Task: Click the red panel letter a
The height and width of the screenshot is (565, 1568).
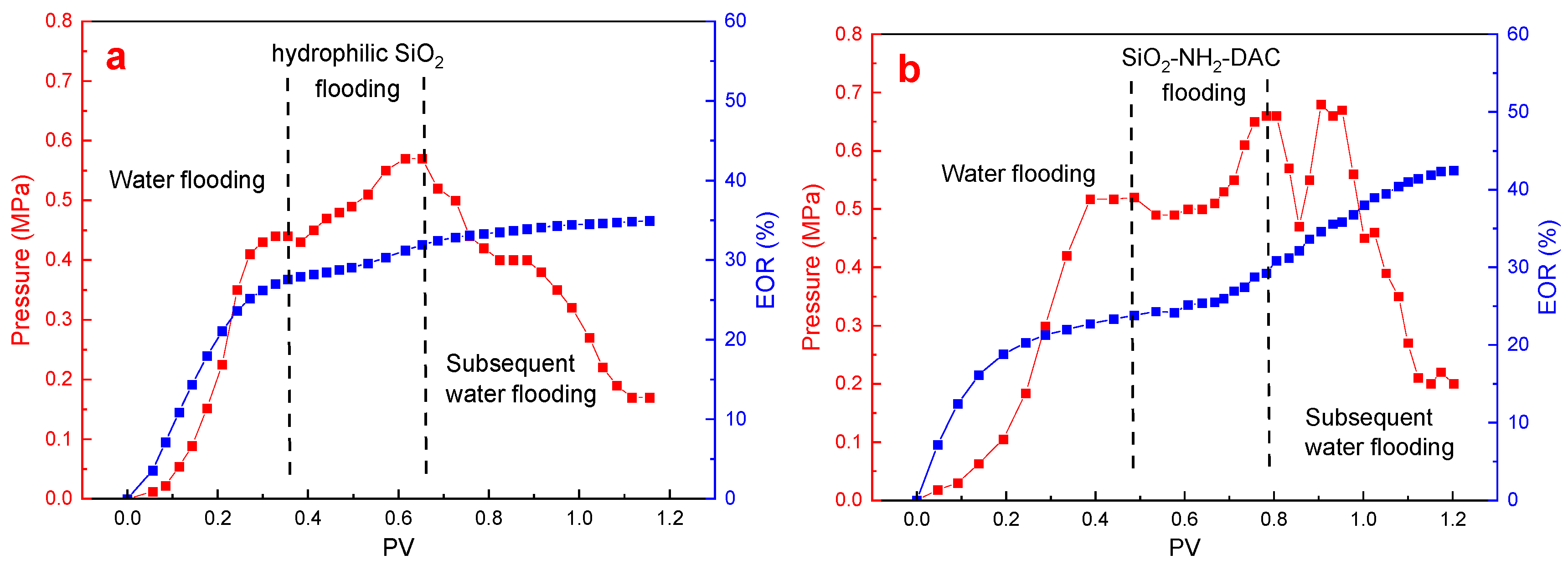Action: pyautogui.click(x=116, y=59)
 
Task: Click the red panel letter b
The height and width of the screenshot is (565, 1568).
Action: pyautogui.click(x=909, y=70)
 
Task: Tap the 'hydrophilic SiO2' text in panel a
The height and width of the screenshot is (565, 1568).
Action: pyautogui.click(x=357, y=55)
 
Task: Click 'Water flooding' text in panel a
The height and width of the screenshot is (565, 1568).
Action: pyautogui.click(x=187, y=180)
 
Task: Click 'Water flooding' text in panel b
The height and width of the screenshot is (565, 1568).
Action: pyautogui.click(x=1018, y=174)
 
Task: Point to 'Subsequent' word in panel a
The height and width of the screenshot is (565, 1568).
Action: pyautogui.click(x=510, y=364)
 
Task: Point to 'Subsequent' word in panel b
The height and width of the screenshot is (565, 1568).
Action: pyautogui.click(x=1368, y=418)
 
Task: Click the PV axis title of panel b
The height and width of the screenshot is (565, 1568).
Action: pyautogui.click(x=1185, y=547)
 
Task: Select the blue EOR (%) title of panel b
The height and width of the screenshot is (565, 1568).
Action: pyautogui.click(x=1547, y=267)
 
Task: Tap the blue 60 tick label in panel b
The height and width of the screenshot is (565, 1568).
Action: pyautogui.click(x=1517, y=34)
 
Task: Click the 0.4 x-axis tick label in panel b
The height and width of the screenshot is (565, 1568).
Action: pyautogui.click(x=1095, y=519)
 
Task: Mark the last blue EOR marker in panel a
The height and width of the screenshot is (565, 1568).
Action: pyautogui.click(x=650, y=221)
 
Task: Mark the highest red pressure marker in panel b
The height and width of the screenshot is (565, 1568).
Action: pyautogui.click(x=1320, y=105)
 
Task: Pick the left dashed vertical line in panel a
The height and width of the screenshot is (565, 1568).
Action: pyautogui.click(x=289, y=274)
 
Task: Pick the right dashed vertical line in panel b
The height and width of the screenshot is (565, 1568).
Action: pyautogui.click(x=1269, y=274)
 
